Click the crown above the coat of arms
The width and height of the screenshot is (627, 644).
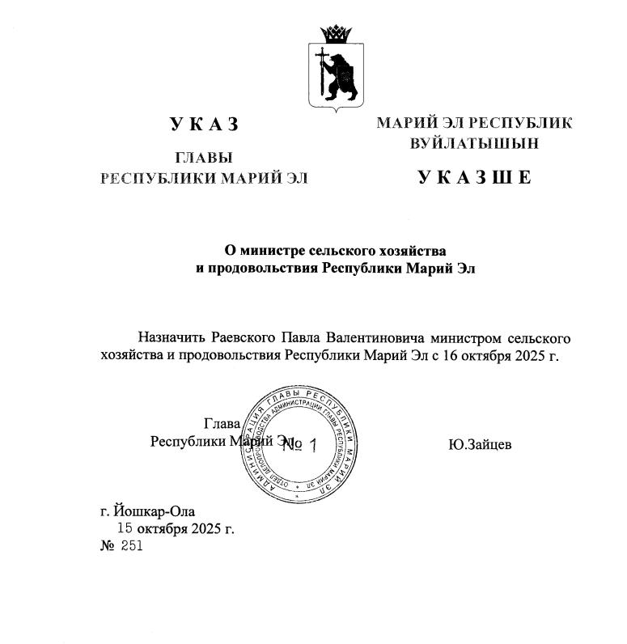[335, 35]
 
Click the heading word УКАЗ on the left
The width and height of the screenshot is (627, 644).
[205, 124]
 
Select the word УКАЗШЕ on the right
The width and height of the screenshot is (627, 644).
[475, 177]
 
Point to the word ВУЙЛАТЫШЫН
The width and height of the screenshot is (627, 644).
[475, 143]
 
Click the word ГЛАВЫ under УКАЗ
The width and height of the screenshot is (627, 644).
[204, 159]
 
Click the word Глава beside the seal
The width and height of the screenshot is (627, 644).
[222, 424]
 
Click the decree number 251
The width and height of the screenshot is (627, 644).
[132, 546]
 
